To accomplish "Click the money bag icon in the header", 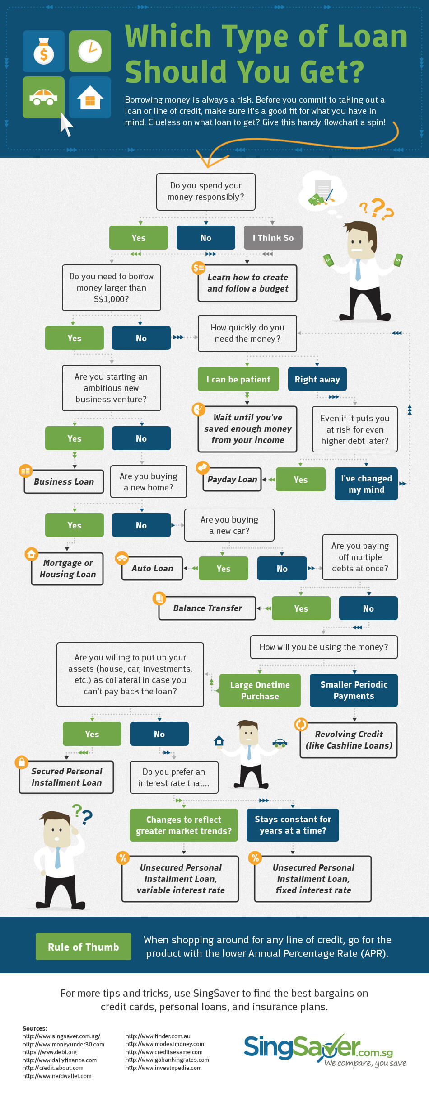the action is pos(44,51).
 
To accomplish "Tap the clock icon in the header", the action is pos(90,51).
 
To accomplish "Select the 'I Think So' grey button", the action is pos(273,238).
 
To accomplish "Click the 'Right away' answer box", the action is pos(317,379).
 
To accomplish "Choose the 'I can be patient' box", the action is pos(238,379).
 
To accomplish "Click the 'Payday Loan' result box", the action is pos(232,480).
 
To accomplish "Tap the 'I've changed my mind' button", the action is pos(366,484).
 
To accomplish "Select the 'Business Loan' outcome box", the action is pos(64,481).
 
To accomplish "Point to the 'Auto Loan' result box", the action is pos(152,568).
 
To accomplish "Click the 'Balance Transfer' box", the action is pos(207,608).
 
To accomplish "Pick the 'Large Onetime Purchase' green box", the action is pos(260,690).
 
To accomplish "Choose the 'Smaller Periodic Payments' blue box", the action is pos(354,690).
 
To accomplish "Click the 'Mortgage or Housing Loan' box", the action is pos(67,569).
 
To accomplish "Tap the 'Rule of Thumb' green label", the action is pos(84,947).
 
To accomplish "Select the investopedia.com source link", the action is pos(163,1068).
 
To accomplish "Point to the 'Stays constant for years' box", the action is pos(293,825).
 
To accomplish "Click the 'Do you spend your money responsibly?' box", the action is pos(206,192).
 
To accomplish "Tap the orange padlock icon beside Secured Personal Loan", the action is pos(21,762).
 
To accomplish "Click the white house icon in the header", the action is pos(90,97).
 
